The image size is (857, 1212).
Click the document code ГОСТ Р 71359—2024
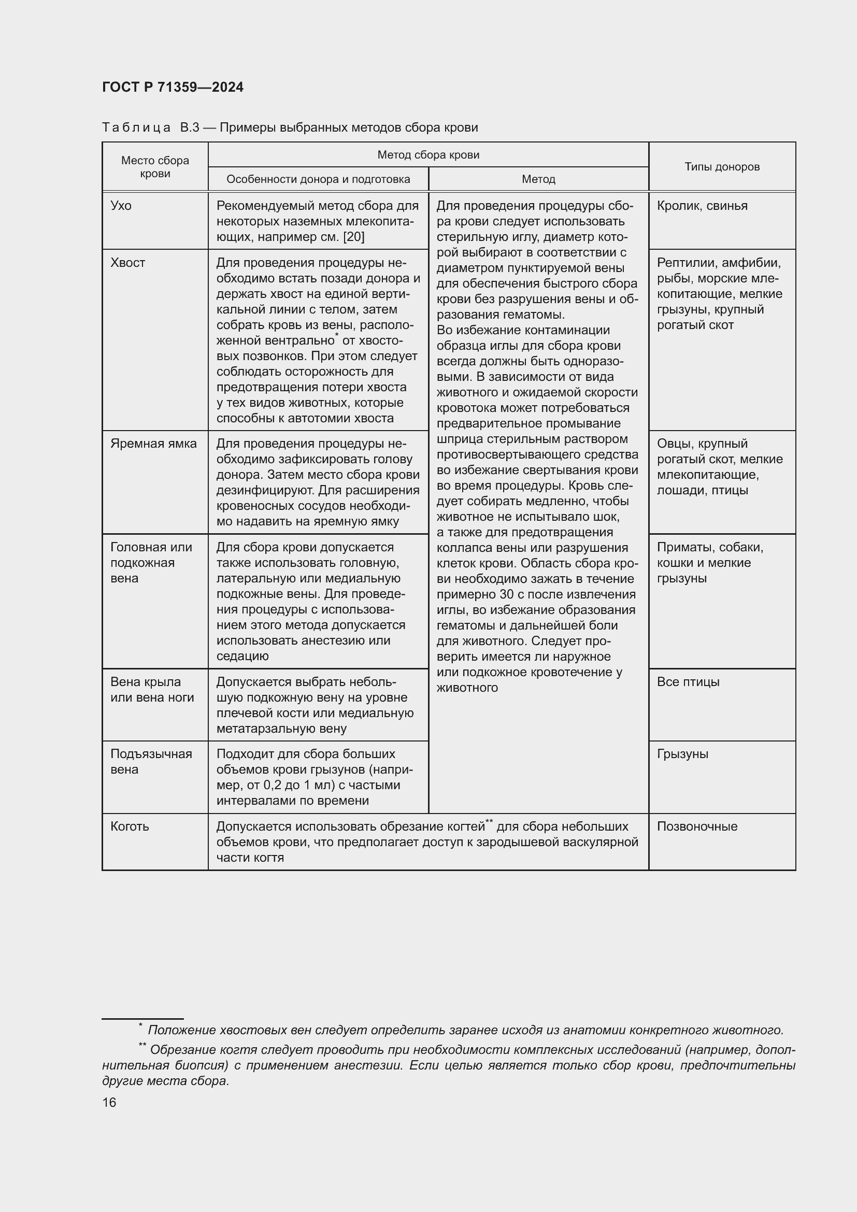point(173,87)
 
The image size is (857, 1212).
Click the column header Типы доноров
point(721,167)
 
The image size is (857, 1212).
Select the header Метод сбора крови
point(428,154)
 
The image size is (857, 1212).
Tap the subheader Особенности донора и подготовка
point(318,179)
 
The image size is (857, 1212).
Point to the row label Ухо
point(121,206)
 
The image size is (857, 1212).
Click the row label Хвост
point(127,263)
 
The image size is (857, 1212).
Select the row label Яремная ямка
point(153,444)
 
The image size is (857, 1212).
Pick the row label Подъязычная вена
point(151,761)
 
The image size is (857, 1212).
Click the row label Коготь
point(130,826)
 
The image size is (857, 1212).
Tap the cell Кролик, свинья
point(702,206)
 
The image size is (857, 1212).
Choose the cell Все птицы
point(688,682)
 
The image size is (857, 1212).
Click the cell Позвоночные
point(696,826)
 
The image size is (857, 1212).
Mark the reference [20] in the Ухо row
point(353,237)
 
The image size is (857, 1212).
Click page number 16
point(109,1102)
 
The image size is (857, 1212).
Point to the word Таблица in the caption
point(136,128)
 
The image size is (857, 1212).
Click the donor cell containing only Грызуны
point(682,754)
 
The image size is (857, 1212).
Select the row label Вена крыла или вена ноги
point(152,689)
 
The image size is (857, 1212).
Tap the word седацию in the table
point(242,656)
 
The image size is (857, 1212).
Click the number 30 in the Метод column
point(507,594)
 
